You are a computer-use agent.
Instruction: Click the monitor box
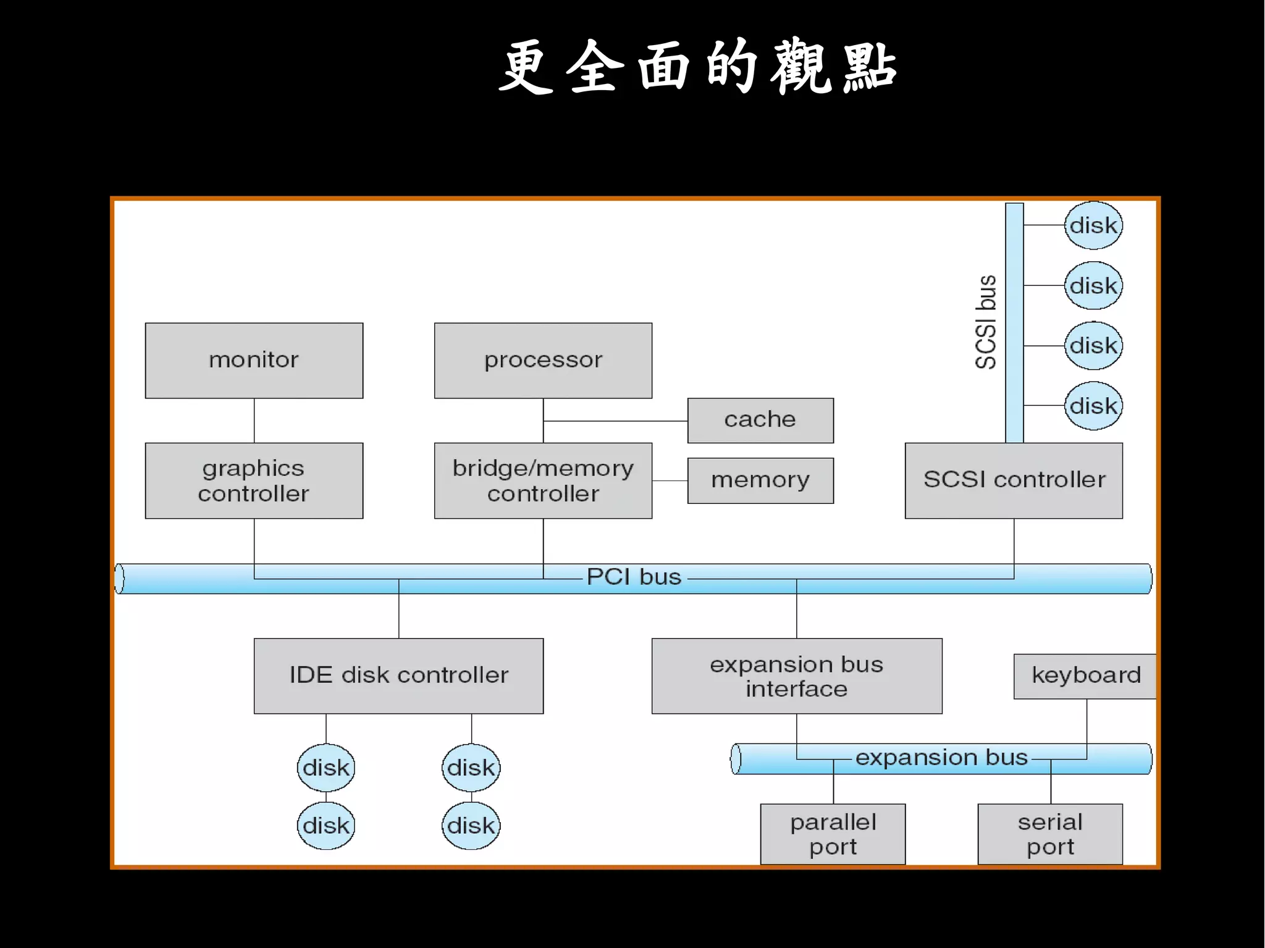click(x=254, y=360)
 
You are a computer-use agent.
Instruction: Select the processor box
click(x=543, y=360)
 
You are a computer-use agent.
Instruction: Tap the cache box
click(x=760, y=420)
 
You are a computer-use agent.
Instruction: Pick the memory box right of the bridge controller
click(x=760, y=480)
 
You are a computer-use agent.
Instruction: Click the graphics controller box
click(x=254, y=480)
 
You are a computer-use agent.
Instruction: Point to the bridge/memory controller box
click(x=543, y=480)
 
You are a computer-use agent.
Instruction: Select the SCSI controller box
click(x=1014, y=480)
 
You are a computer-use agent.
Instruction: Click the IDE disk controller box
click(x=398, y=676)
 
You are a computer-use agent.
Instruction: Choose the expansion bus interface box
click(x=796, y=676)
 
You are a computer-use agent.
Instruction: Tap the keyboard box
click(x=1085, y=676)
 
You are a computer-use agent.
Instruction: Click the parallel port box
click(x=833, y=834)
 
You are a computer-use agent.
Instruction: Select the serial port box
click(x=1050, y=834)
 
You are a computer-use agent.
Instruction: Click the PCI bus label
click(x=634, y=577)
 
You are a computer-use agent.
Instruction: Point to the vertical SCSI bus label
click(x=986, y=322)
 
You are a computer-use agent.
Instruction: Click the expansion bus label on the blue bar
click(x=941, y=758)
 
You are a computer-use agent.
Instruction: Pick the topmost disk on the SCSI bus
click(x=1093, y=225)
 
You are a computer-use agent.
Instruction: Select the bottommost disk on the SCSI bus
click(x=1093, y=406)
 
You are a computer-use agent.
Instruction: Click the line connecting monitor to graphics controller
click(x=254, y=420)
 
